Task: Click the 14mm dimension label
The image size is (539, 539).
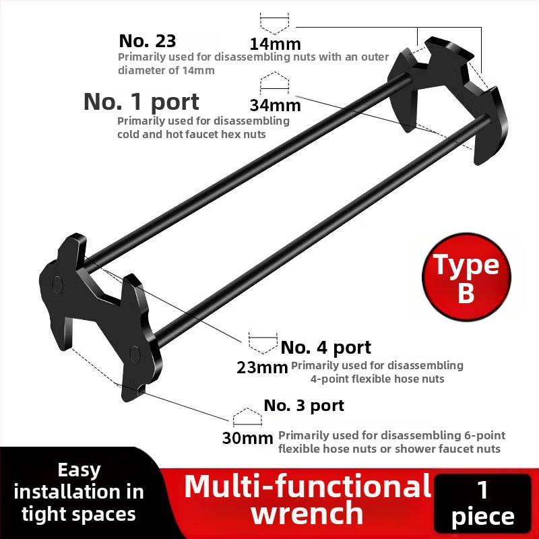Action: point(275,44)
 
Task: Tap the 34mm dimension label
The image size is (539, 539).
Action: point(275,105)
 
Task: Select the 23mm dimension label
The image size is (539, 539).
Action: point(262,367)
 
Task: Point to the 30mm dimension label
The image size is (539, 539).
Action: point(247,438)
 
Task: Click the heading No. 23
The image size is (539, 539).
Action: point(147,41)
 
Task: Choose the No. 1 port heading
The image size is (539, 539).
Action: point(141,102)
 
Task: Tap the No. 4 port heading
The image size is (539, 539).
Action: point(326,348)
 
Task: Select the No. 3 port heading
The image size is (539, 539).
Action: point(304,406)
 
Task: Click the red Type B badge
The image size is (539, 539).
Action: point(466,277)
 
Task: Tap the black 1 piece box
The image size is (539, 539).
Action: point(483,503)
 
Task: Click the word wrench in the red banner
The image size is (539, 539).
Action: point(307,513)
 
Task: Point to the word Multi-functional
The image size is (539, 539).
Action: point(308,486)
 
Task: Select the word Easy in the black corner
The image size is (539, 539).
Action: point(79,470)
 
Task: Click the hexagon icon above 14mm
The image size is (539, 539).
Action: point(274,24)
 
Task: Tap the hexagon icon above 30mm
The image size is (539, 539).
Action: point(247,417)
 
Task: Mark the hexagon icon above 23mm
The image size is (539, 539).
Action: point(263,343)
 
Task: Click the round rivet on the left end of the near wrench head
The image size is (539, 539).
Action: point(58,284)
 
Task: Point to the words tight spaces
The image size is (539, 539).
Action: point(79,515)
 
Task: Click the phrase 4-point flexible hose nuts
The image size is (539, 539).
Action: point(377,379)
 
